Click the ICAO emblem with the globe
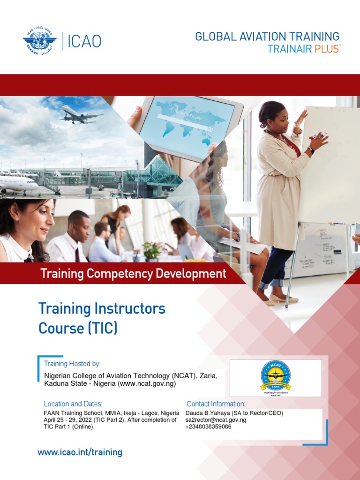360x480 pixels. [x=39, y=41]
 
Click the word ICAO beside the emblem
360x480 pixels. [x=84, y=42]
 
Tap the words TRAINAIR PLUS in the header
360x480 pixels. [x=303, y=49]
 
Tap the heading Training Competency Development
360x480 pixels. [x=133, y=273]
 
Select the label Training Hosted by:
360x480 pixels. [x=72, y=364]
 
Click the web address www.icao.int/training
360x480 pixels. [x=80, y=452]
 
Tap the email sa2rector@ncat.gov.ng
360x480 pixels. [x=216, y=420]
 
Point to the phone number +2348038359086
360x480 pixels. [x=208, y=427]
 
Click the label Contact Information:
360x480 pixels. [x=216, y=404]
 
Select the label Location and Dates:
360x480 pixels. [x=73, y=404]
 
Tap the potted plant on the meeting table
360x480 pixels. [x=152, y=251]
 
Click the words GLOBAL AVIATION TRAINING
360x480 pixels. [x=267, y=37]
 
